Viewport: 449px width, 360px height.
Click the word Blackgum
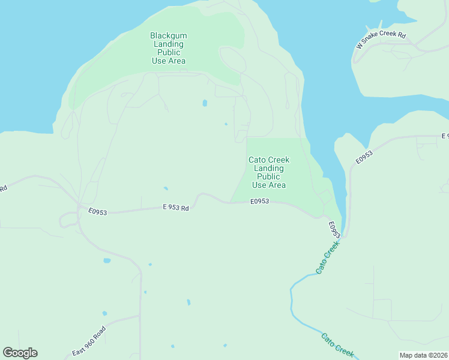coord(167,35)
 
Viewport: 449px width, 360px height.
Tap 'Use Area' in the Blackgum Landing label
coord(169,61)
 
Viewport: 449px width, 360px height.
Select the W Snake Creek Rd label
coord(381,40)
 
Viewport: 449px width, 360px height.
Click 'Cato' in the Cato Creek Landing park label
coord(256,160)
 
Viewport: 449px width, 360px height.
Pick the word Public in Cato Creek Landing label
coord(269,176)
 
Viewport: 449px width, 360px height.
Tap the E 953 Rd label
coord(176,208)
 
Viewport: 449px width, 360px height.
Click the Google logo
coord(20,353)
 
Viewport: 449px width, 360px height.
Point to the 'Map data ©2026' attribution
coord(423,355)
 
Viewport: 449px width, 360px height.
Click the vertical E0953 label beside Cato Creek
coord(334,229)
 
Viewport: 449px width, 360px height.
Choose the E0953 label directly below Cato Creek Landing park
coord(260,201)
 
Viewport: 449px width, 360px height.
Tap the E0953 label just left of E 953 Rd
coord(97,212)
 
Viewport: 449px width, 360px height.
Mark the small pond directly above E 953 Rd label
coord(165,188)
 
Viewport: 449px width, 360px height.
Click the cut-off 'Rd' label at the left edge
coord(3,188)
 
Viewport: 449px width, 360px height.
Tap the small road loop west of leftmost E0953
coord(67,220)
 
